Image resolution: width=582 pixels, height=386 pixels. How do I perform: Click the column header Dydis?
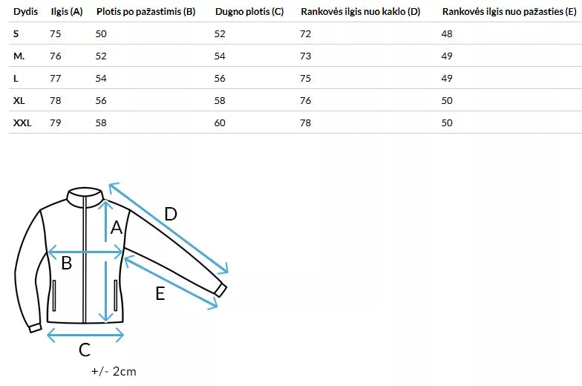coord(25,12)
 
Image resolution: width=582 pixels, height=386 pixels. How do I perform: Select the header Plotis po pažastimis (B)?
coord(145,12)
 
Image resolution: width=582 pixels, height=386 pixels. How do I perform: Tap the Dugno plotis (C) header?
coord(249,12)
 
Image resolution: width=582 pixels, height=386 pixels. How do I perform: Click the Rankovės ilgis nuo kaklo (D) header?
coord(361,12)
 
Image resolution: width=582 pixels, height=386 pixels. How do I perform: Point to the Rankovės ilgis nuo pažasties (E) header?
coord(509,12)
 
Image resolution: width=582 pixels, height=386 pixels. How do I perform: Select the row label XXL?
coord(22,123)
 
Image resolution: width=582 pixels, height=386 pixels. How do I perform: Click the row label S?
coord(16,34)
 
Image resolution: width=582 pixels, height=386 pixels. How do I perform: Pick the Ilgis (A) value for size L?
coord(55,79)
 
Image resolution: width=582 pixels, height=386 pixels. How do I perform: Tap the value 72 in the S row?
coord(306,34)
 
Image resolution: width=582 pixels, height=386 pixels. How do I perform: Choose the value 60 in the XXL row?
coord(220,123)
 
